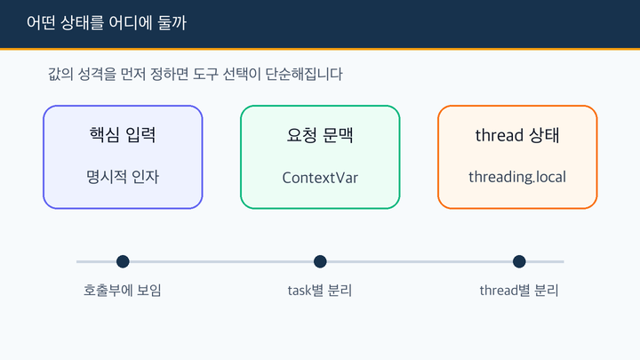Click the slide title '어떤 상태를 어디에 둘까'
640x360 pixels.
pos(107,23)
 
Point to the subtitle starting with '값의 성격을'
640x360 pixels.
pos(195,75)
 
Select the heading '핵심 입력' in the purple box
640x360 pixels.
pos(123,135)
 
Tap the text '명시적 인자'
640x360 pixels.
pos(123,177)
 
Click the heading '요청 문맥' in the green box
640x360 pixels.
pos(320,135)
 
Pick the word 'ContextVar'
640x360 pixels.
pos(320,178)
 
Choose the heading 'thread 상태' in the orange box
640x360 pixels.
pos(517,135)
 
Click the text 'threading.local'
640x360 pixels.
pos(517,177)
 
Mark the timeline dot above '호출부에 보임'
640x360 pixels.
pos(123,261)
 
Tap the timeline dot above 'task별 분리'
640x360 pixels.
pos(320,261)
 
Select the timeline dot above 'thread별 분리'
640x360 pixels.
pos(519,261)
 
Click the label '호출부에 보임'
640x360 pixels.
pos(123,290)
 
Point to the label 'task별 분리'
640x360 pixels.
pos(320,290)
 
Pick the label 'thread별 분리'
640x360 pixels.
pos(519,290)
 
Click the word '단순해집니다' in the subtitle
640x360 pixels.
pos(304,75)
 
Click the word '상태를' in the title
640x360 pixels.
pos(82,23)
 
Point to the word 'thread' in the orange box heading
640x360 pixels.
pos(500,135)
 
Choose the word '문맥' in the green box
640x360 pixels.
pos(338,135)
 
